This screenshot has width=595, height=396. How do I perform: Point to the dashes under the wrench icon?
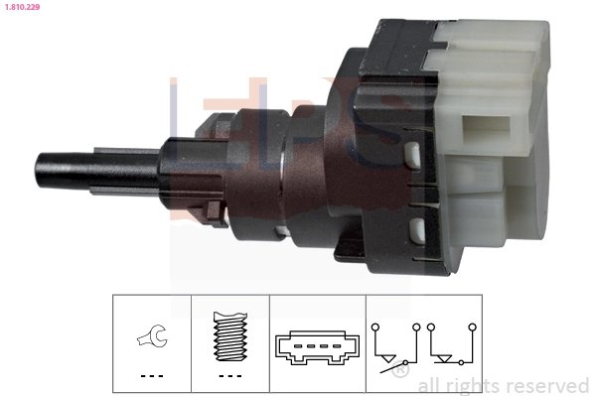[151, 376]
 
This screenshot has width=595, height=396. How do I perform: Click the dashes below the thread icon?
[228, 376]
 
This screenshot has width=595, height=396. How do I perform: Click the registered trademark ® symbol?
[399, 371]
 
